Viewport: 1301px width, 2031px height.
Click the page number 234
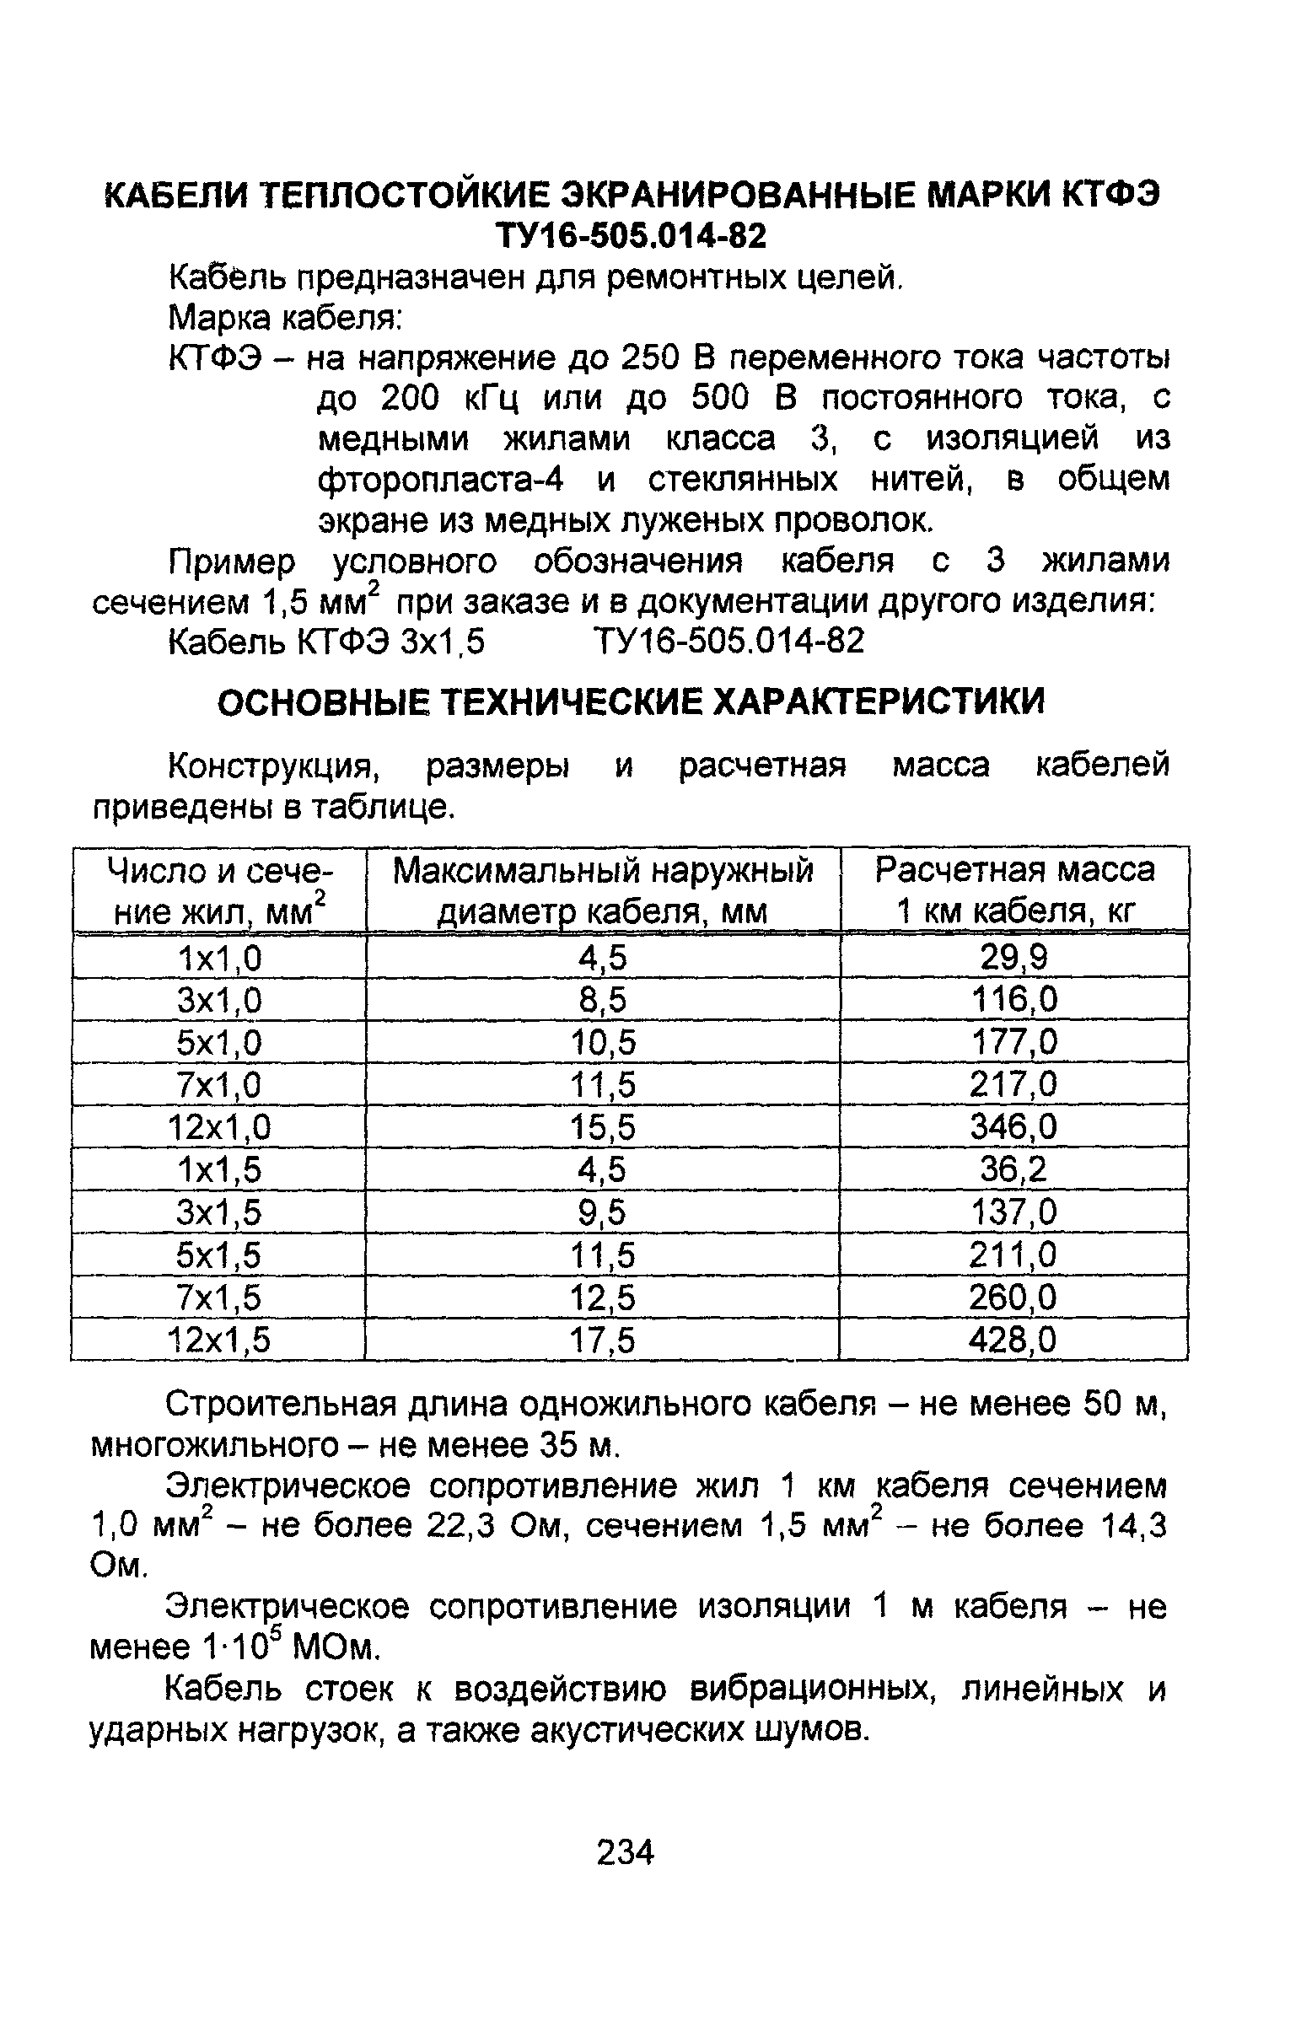click(x=625, y=1852)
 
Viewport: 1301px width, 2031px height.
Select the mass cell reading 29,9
click(x=1013, y=958)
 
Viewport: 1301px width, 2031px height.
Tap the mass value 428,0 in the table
click(x=1013, y=1341)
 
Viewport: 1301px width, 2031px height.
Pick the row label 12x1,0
click(x=220, y=1127)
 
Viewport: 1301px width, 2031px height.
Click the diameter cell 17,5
click(x=602, y=1341)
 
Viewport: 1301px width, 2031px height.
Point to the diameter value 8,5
click(x=602, y=1000)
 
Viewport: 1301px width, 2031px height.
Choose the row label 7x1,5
click(x=220, y=1298)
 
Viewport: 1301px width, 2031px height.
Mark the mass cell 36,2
click(x=1013, y=1169)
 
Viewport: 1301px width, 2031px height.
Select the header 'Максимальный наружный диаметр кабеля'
click(x=602, y=889)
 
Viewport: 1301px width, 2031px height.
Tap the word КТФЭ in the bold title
click(x=1110, y=195)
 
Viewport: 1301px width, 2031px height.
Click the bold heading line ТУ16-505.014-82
click(x=631, y=236)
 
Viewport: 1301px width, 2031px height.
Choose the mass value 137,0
click(x=1013, y=1212)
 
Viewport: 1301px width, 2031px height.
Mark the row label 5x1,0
click(x=220, y=1042)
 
